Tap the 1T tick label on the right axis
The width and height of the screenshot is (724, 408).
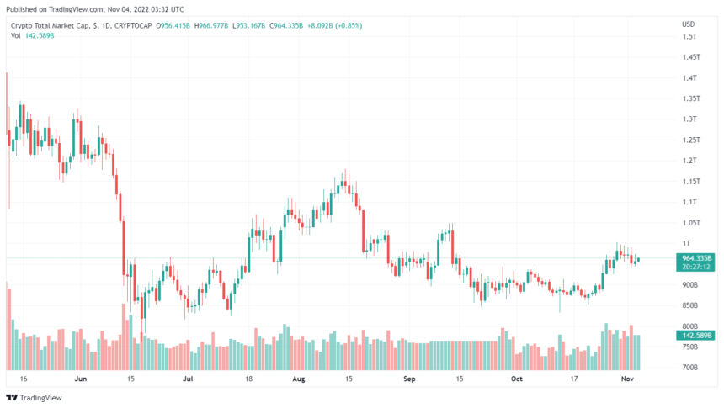pos(686,243)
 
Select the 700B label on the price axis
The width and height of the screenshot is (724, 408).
pos(689,368)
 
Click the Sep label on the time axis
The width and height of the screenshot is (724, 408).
pos(409,379)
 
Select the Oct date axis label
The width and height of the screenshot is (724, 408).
pos(517,379)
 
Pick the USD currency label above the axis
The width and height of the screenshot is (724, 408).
pos(688,24)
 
